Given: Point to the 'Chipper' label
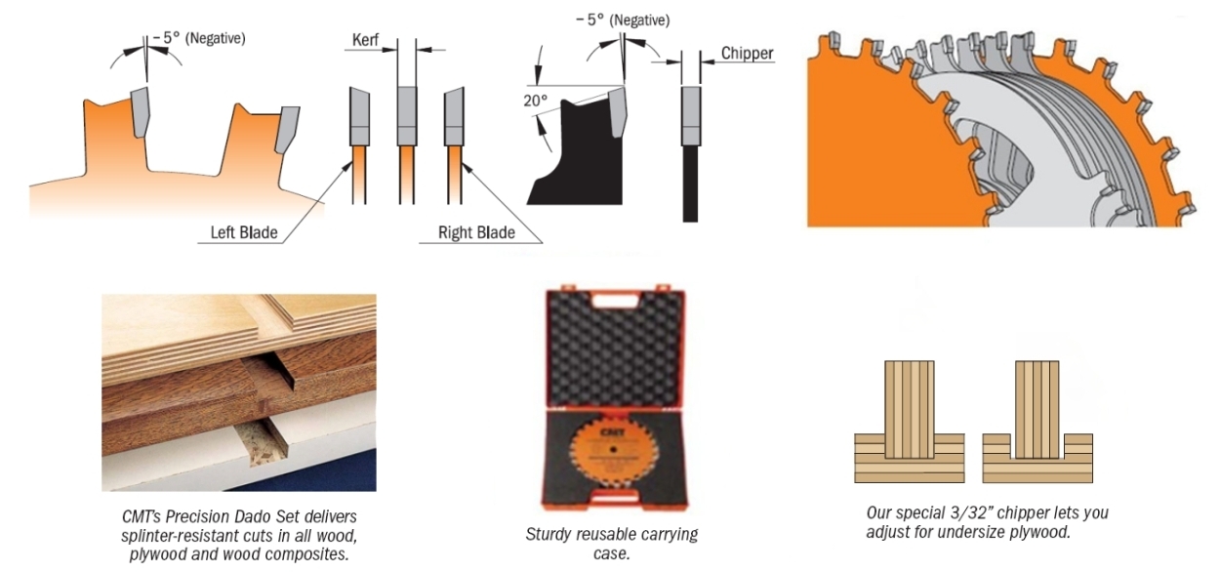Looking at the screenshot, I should [747, 54].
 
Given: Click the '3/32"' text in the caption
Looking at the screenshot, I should [977, 512].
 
